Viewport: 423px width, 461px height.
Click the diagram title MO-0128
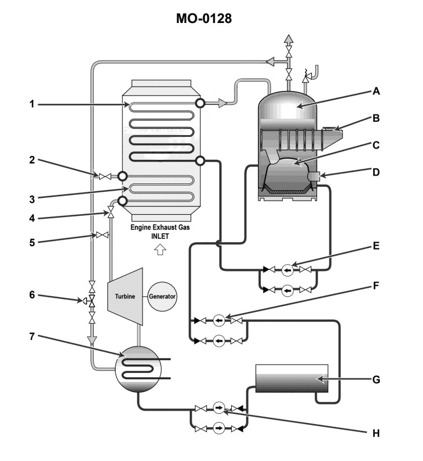pyautogui.click(x=211, y=19)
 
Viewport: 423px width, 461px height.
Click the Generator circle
pyautogui.click(x=162, y=296)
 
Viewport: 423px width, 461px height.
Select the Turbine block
pyautogui.click(x=123, y=297)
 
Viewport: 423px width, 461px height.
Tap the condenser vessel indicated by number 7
pyautogui.click(x=137, y=368)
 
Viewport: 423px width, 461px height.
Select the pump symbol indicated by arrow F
pyautogui.click(x=219, y=321)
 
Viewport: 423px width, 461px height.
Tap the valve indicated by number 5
pyautogui.click(x=102, y=236)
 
